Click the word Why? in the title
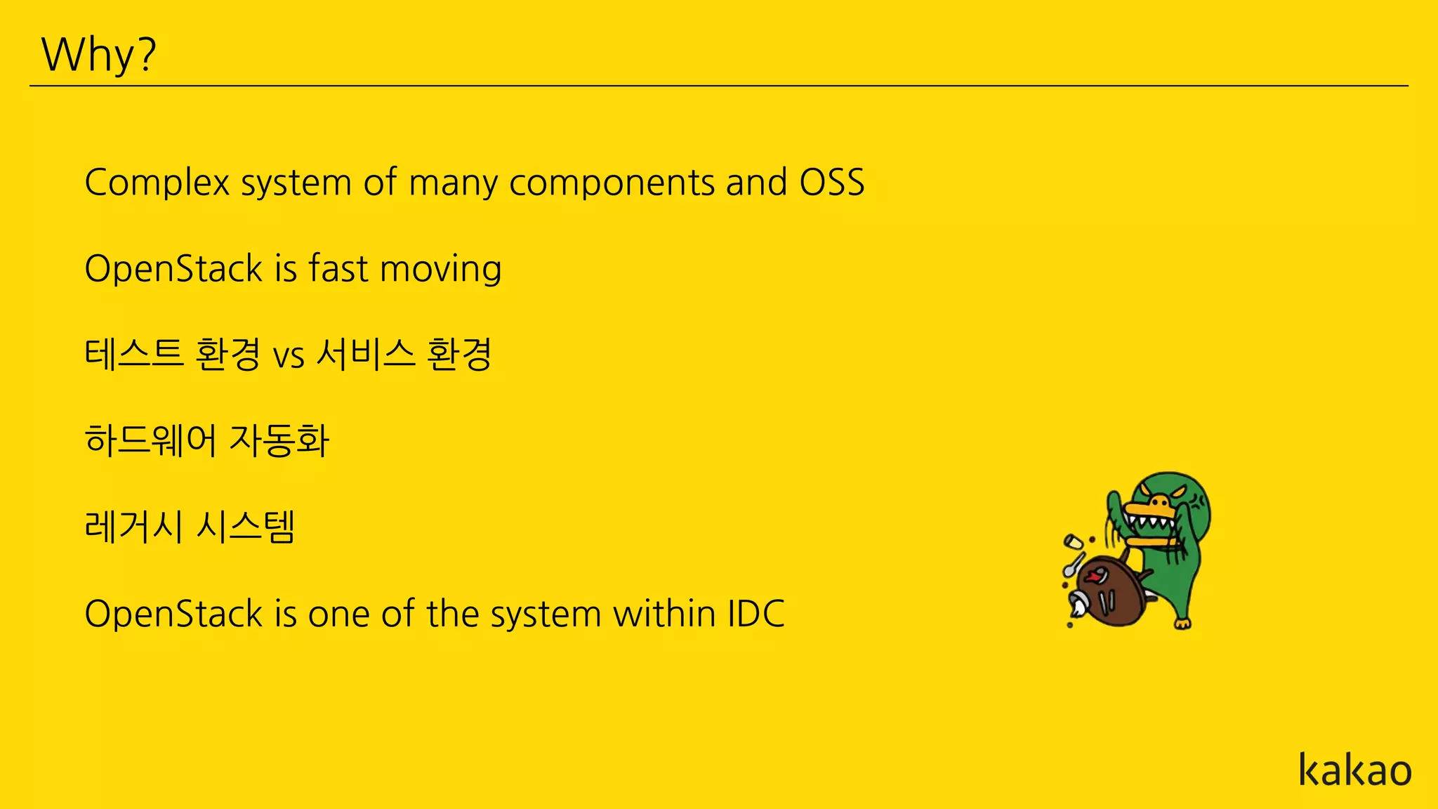coord(98,55)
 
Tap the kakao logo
coord(1354,770)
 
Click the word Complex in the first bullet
coord(157,183)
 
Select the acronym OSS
coord(831,183)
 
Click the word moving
coord(440,270)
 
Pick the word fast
coord(338,268)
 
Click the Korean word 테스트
coord(133,354)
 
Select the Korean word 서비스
coord(365,354)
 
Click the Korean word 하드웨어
coord(150,441)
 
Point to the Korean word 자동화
coord(279,441)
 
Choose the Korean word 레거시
coord(133,527)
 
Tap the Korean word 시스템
coord(246,527)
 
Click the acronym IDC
coord(756,614)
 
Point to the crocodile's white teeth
coord(1149,523)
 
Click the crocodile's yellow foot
coord(1183,623)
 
